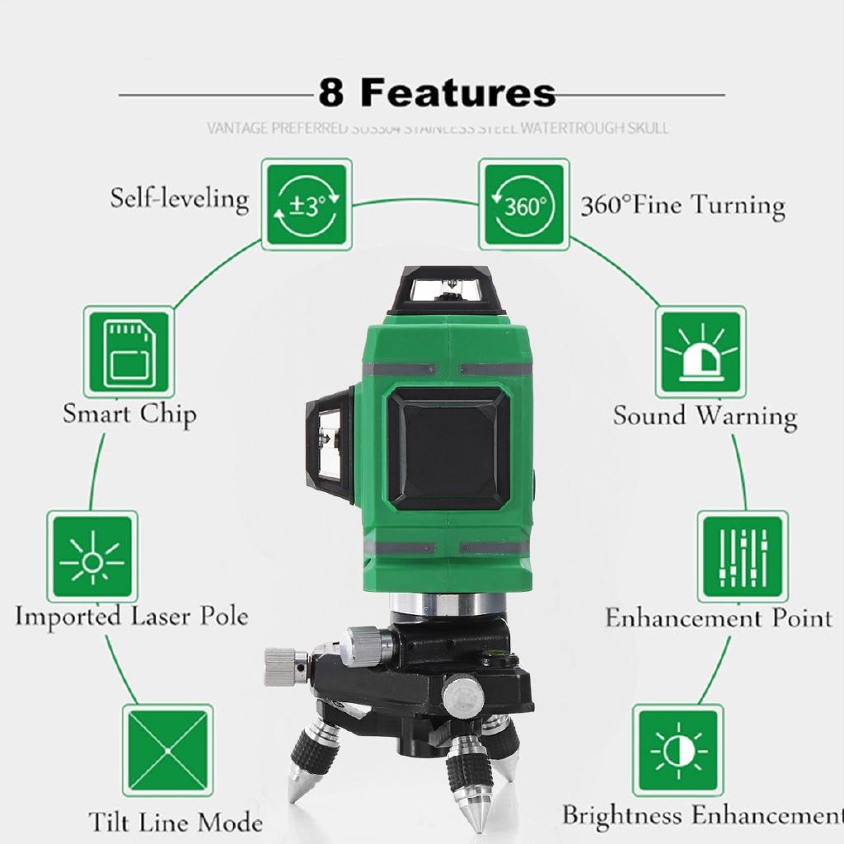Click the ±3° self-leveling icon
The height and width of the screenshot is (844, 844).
pyautogui.click(x=307, y=205)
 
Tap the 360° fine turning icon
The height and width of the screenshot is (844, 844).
pyautogui.click(x=525, y=205)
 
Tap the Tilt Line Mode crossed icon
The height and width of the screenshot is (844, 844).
pyautogui.click(x=167, y=749)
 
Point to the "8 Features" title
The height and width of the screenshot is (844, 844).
pyautogui.click(x=437, y=93)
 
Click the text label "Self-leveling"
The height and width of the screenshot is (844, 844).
pyautogui.click(x=179, y=199)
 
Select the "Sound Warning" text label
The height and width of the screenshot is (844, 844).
pyautogui.click(x=704, y=415)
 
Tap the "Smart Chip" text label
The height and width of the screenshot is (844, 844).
pyautogui.click(x=129, y=413)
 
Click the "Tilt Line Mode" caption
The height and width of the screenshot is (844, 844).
pyautogui.click(x=176, y=822)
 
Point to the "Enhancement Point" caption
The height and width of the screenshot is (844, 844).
pyautogui.click(x=718, y=617)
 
